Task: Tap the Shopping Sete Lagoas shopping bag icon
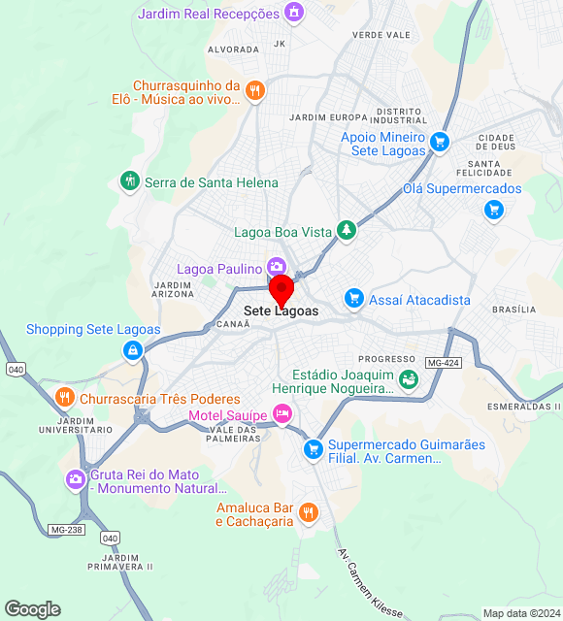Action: (132, 350)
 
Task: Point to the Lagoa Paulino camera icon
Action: (277, 267)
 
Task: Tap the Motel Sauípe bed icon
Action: (282, 414)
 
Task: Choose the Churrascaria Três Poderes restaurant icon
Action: (64, 397)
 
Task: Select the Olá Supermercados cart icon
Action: (495, 209)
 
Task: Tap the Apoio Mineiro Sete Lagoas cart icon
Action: (440, 142)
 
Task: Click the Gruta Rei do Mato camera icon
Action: (76, 479)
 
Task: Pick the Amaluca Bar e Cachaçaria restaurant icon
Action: (308, 512)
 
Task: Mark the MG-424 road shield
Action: (443, 363)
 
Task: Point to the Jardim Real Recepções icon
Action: (293, 13)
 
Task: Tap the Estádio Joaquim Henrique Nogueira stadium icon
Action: (410, 379)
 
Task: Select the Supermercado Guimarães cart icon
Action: (313, 449)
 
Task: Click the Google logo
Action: (32, 609)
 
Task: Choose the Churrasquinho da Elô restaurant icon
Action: (255, 90)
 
